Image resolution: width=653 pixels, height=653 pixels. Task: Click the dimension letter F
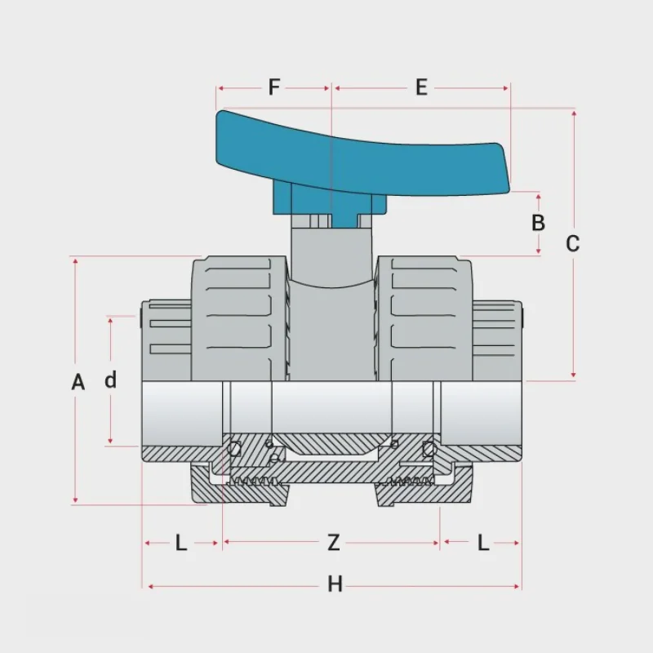(274, 87)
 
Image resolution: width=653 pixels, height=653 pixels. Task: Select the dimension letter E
(421, 87)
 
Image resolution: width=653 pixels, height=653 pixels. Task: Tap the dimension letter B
(538, 222)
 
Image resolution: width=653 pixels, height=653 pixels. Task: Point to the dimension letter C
(573, 243)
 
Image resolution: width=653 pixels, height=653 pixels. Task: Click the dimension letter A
(78, 382)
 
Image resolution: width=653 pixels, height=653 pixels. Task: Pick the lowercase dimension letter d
(111, 380)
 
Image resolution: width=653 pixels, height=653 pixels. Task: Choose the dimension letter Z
(333, 542)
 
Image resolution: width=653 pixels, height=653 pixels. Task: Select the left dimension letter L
(181, 542)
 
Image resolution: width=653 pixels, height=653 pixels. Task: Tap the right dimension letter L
(483, 542)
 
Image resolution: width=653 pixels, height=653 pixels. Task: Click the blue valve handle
(367, 155)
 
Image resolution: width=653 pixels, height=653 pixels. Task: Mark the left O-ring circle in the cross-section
(235, 447)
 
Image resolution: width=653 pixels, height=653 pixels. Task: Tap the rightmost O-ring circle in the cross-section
(429, 447)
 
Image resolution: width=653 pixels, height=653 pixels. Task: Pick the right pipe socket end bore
(482, 412)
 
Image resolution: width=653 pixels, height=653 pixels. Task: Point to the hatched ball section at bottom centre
(331, 469)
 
